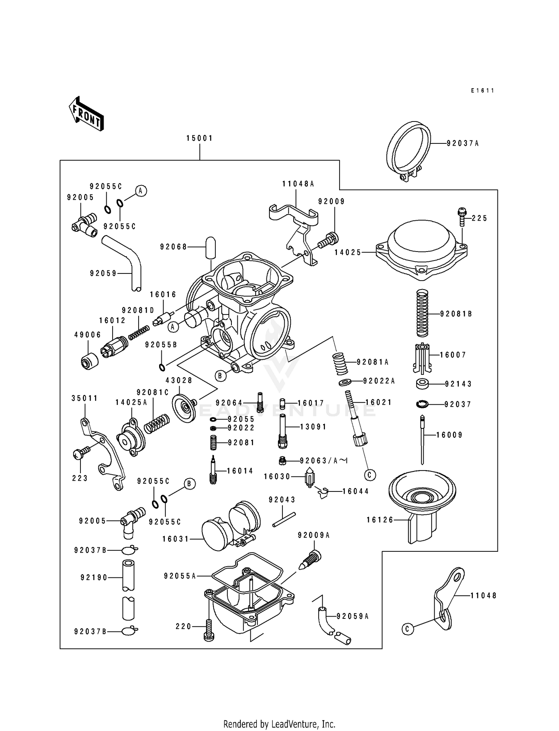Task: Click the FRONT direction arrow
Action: click(x=86, y=114)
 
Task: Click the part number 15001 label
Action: click(x=199, y=138)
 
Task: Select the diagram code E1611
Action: click(x=482, y=91)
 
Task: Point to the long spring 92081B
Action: click(x=422, y=313)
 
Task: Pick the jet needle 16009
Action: click(x=422, y=440)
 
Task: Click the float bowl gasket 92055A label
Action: click(x=180, y=576)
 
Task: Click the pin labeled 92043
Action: click(x=284, y=520)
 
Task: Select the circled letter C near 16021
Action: click(x=370, y=475)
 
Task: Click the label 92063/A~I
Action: click(x=323, y=461)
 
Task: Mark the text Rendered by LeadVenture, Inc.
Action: click(x=279, y=724)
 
